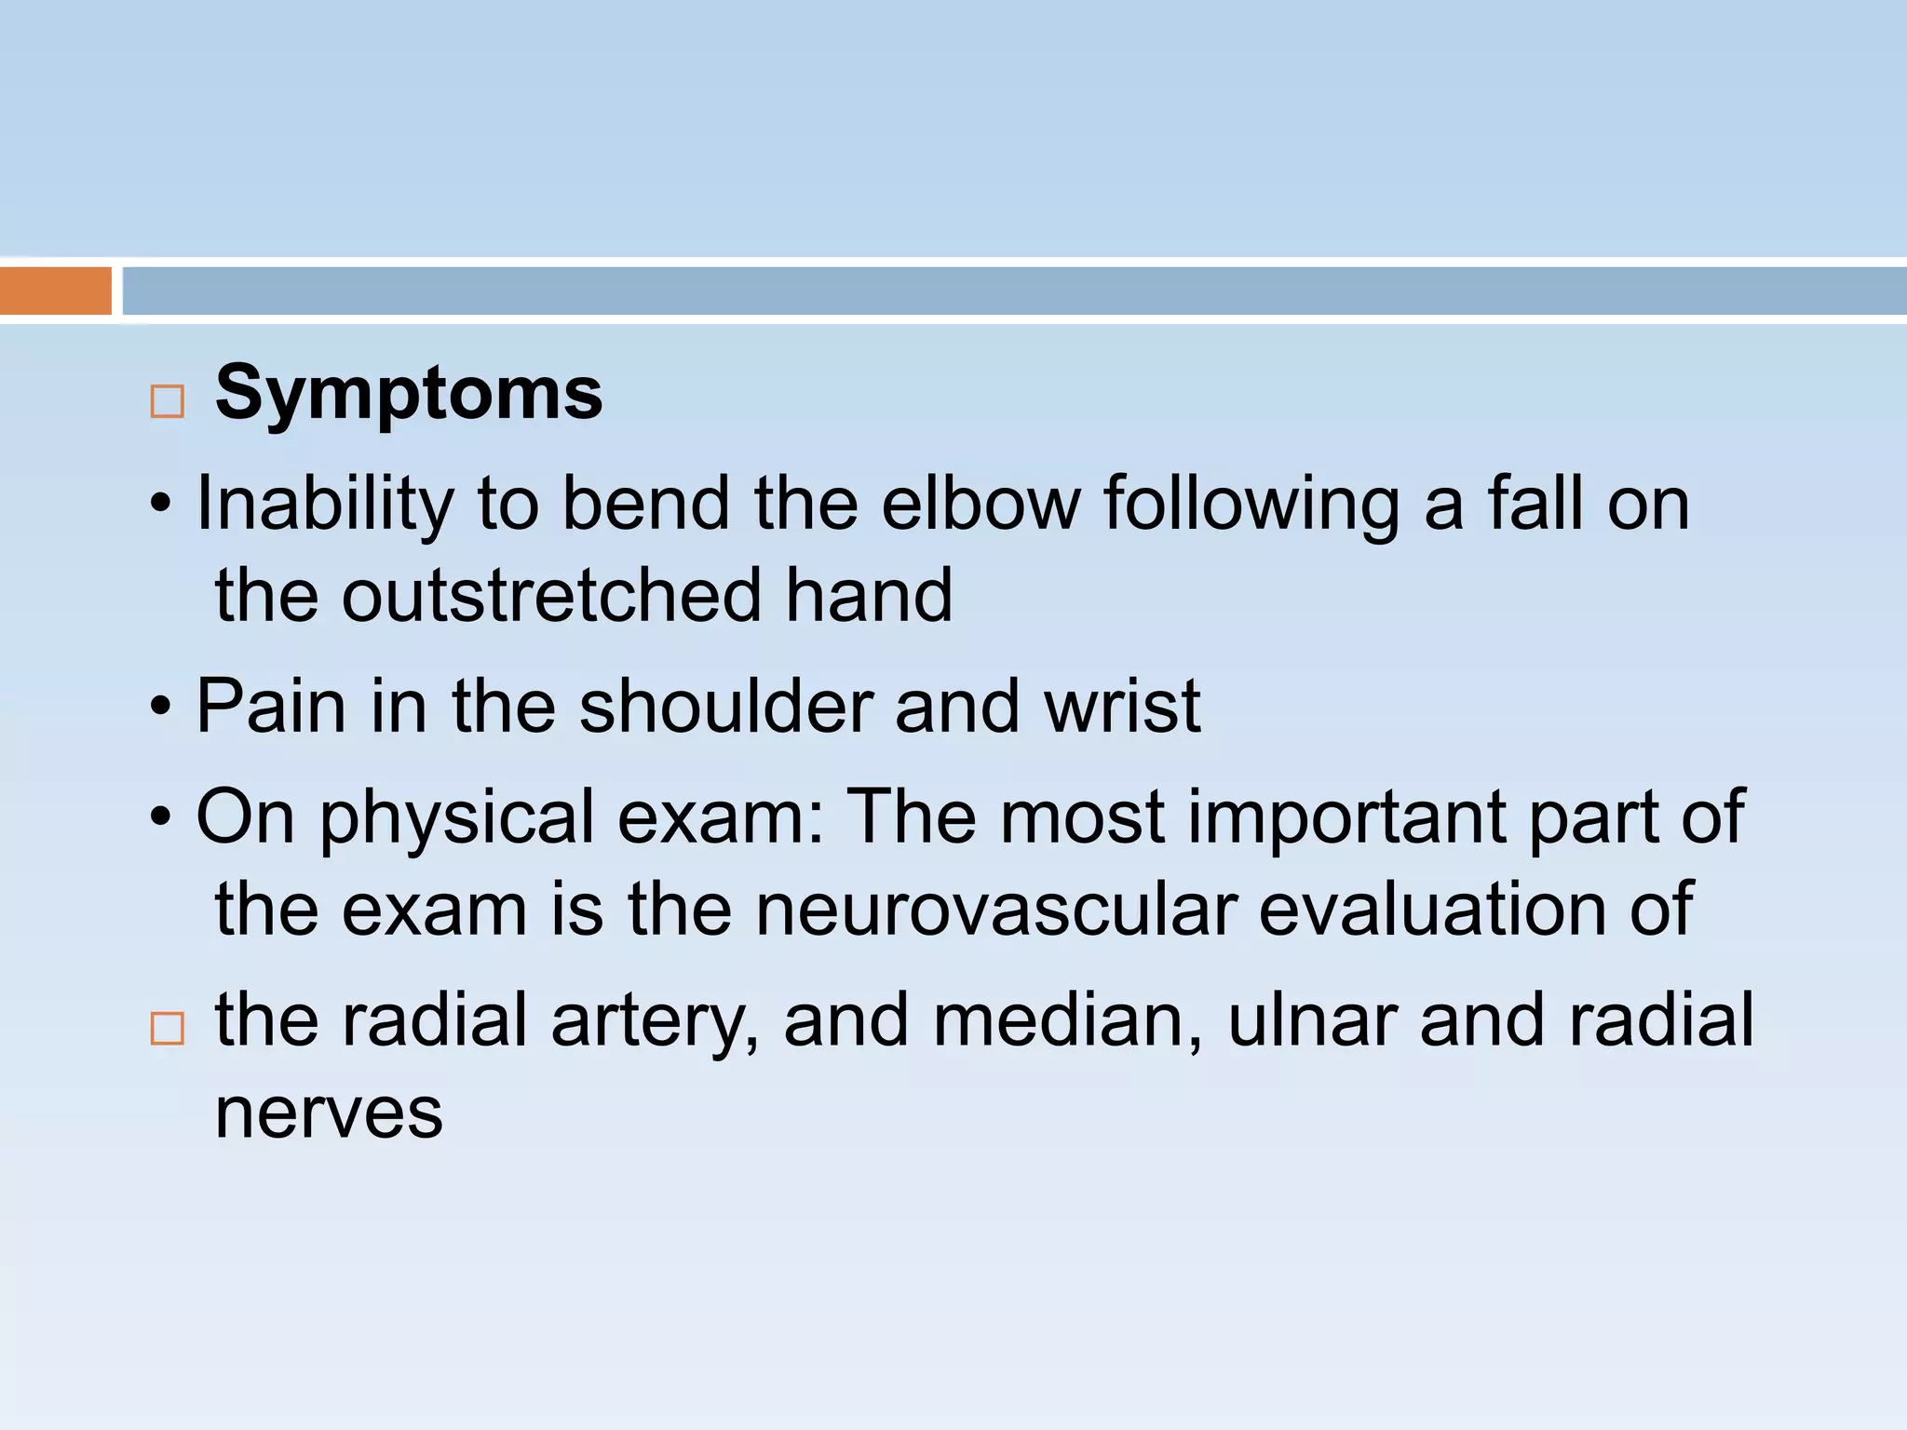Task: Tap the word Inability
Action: point(325,505)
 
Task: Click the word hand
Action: point(868,596)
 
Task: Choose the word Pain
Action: point(271,707)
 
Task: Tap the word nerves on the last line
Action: point(329,1113)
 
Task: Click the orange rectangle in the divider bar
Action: point(55,290)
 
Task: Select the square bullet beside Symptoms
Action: point(168,402)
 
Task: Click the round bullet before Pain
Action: point(161,708)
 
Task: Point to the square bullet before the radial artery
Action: point(168,1029)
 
